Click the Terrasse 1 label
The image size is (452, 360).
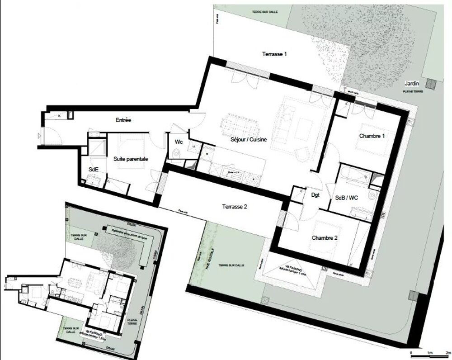click(x=275, y=54)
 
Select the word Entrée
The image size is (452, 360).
click(x=123, y=120)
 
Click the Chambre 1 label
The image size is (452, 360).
click(x=372, y=136)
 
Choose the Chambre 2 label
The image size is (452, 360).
click(x=325, y=237)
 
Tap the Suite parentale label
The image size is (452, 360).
click(x=131, y=159)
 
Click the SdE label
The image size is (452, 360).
click(x=94, y=169)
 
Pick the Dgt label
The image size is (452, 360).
click(x=315, y=195)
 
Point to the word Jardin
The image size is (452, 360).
click(x=412, y=84)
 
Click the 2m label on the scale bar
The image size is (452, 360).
click(x=447, y=352)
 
